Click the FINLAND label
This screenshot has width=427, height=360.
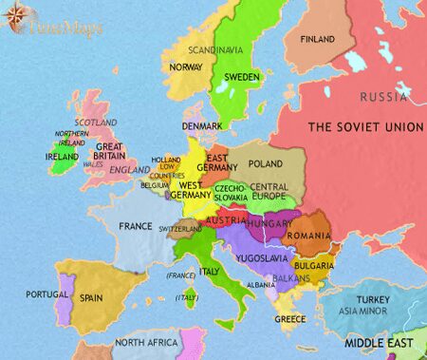317,40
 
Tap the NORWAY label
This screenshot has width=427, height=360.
185,67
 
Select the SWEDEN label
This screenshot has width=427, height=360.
243,76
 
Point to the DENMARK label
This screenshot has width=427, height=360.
203,126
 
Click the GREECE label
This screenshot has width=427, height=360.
290,319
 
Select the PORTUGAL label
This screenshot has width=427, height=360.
46,294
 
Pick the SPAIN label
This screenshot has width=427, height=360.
91,297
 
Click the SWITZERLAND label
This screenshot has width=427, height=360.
179,229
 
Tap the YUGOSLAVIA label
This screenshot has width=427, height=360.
261,258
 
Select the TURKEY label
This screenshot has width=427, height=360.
390,299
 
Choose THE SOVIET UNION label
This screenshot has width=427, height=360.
365,127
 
